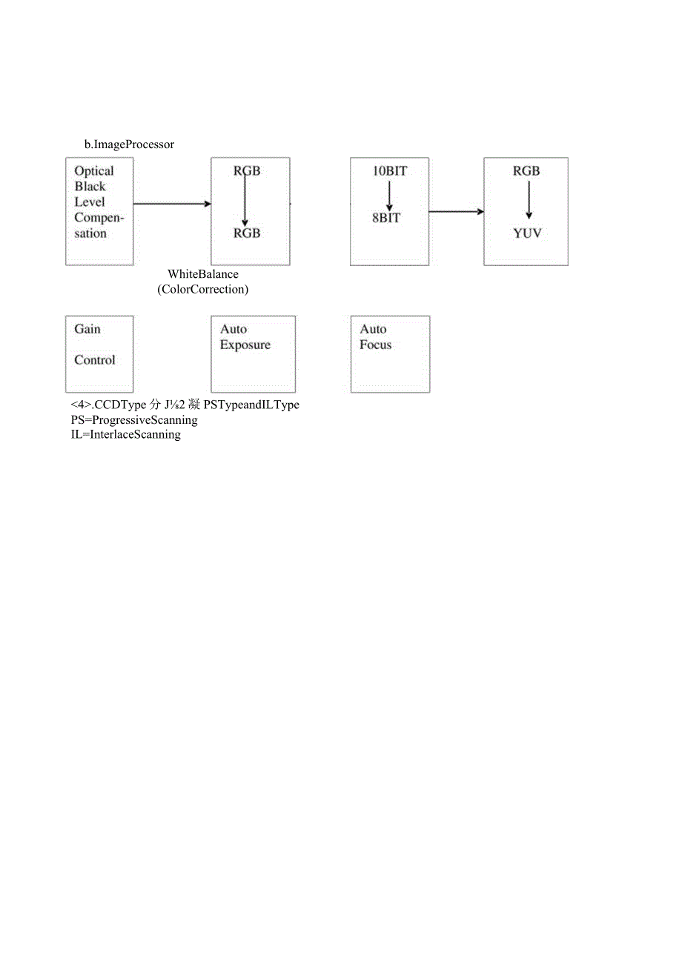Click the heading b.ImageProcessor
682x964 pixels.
(x=129, y=144)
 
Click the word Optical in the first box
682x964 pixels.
(x=94, y=170)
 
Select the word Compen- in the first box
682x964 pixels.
(x=99, y=218)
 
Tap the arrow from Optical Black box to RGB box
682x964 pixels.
(x=172, y=203)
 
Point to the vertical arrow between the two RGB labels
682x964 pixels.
(x=245, y=201)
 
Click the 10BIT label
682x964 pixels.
(x=389, y=171)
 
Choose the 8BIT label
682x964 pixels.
(x=386, y=218)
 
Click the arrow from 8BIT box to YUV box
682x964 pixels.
(x=456, y=212)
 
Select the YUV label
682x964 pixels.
(x=527, y=233)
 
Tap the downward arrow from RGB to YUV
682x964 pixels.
(x=529, y=200)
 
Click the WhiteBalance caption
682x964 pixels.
(x=203, y=274)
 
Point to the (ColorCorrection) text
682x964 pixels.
(x=203, y=289)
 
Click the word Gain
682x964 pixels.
(x=87, y=329)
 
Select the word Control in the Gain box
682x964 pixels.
(x=95, y=360)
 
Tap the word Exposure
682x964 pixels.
(x=245, y=345)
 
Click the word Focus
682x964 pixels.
(x=376, y=345)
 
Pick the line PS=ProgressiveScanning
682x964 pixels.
(x=134, y=420)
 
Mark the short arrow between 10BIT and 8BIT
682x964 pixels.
(x=388, y=195)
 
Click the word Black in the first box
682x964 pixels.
(x=90, y=187)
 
